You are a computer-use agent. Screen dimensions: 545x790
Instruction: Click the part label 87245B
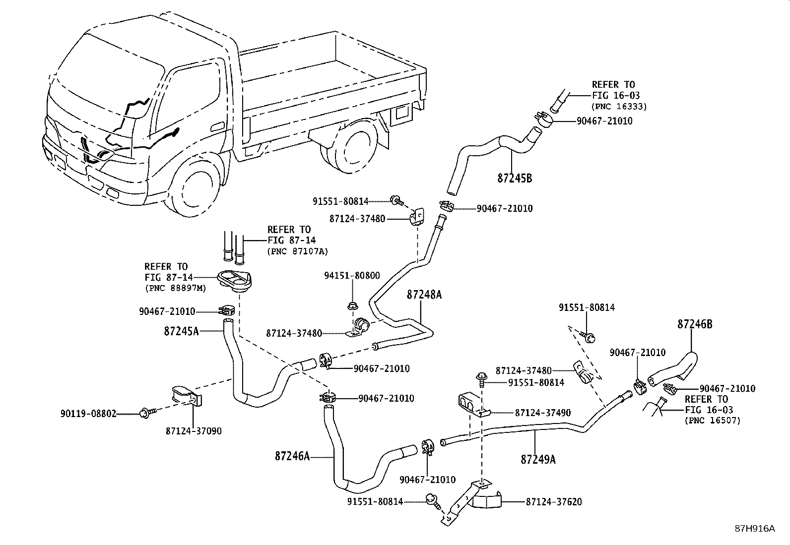(x=514, y=178)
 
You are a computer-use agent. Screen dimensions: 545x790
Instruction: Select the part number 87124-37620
(x=554, y=502)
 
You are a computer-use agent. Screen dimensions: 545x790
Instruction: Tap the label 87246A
(x=292, y=456)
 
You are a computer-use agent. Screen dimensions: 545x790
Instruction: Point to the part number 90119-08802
(x=88, y=413)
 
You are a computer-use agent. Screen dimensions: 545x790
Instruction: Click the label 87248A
(x=424, y=295)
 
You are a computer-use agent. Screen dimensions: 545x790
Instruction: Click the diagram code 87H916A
(x=754, y=529)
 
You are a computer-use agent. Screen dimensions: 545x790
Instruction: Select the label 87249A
(x=538, y=460)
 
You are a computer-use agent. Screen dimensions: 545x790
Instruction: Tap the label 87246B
(x=695, y=324)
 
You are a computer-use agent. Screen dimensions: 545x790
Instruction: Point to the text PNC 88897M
(x=175, y=288)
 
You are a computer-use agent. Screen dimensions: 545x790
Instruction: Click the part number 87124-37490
(x=542, y=413)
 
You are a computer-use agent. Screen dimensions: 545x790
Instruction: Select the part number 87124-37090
(x=194, y=431)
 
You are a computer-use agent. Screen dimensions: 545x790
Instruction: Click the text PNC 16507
(x=712, y=421)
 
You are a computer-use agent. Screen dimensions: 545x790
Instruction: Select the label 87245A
(x=181, y=331)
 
